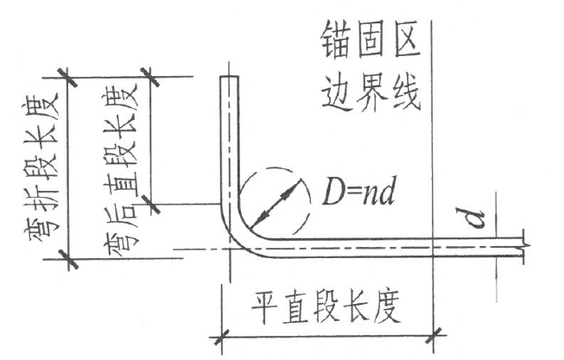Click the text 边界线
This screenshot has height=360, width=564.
click(371, 92)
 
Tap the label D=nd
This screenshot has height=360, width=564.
click(359, 191)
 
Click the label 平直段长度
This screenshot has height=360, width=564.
click(326, 306)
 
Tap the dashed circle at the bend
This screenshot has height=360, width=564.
click(275, 168)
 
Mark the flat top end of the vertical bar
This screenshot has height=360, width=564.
click(230, 77)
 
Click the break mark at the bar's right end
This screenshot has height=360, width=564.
click(524, 247)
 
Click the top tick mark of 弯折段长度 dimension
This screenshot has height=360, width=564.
click(68, 77)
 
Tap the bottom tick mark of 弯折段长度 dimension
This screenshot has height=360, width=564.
click(68, 259)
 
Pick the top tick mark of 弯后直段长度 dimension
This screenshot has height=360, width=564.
click(150, 77)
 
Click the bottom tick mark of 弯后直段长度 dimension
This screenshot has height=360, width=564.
click(150, 204)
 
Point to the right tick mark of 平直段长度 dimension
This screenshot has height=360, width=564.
click(434, 337)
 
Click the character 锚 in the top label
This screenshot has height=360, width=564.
click(336, 40)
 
